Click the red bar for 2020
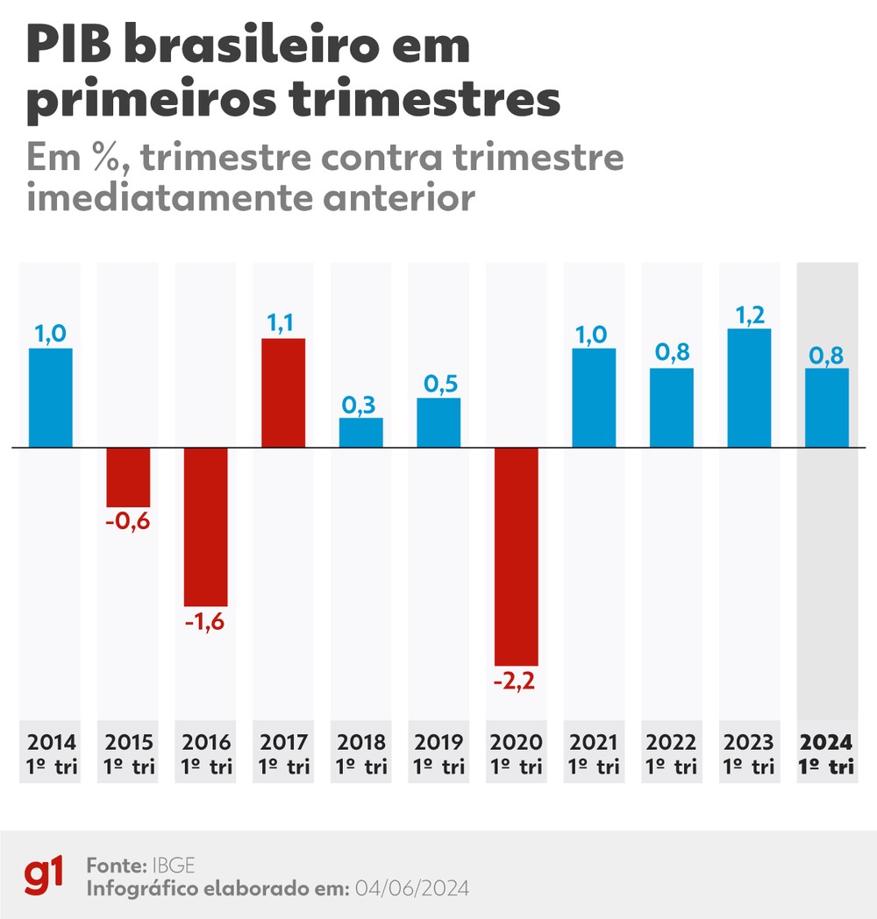pyautogui.click(x=517, y=556)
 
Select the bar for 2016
pyautogui.click(x=206, y=527)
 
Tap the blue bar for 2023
pyautogui.click(x=749, y=388)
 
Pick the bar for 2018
pyautogui.click(x=361, y=433)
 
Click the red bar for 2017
pyautogui.click(x=283, y=392)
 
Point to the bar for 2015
pyautogui.click(x=128, y=477)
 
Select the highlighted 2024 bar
pyautogui.click(x=826, y=407)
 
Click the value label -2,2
pyautogui.click(x=517, y=681)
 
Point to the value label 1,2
pyautogui.click(x=749, y=314)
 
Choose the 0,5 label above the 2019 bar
pyautogui.click(x=438, y=384)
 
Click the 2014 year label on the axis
pyautogui.click(x=52, y=742)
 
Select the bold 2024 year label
pyautogui.click(x=826, y=742)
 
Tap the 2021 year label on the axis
pyautogui.click(x=594, y=742)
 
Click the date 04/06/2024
pyautogui.click(x=411, y=887)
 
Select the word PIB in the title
pyautogui.click(x=71, y=46)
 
